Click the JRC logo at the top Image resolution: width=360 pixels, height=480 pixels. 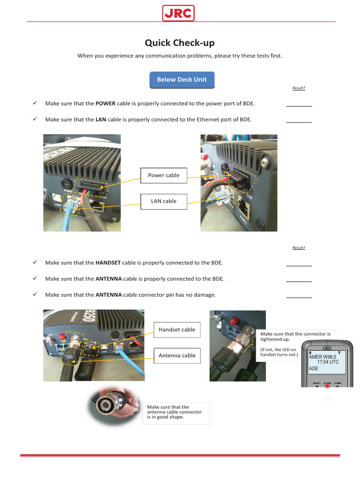[x=179, y=13]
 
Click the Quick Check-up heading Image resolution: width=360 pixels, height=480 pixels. [x=180, y=43]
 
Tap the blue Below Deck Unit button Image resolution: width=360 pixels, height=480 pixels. [x=181, y=80]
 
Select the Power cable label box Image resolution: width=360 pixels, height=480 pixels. [x=164, y=175]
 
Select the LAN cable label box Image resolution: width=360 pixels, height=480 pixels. [x=164, y=201]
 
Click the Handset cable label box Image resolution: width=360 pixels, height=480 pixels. [x=177, y=330]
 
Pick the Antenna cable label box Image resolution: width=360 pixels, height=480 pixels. [x=177, y=355]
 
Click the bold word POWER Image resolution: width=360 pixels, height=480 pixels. [x=105, y=104]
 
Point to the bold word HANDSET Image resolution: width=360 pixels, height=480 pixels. [x=108, y=263]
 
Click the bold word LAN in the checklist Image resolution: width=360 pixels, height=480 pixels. [x=101, y=120]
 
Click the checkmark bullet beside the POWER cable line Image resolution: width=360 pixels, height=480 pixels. [x=35, y=103]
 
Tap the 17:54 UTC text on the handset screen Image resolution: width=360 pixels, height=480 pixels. [x=328, y=362]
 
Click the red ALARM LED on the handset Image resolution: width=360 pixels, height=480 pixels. [x=327, y=385]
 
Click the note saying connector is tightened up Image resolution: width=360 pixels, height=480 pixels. [x=295, y=336]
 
